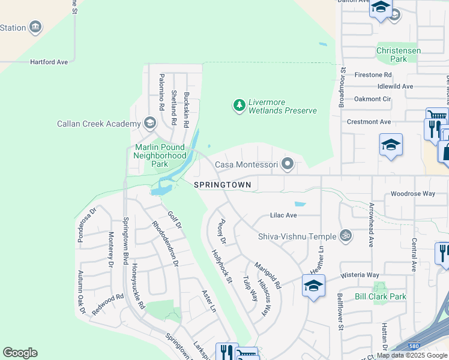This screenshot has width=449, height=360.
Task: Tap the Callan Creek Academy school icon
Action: (149, 124)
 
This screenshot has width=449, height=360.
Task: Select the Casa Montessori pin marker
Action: (288, 164)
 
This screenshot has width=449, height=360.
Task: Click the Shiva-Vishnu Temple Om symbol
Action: (345, 236)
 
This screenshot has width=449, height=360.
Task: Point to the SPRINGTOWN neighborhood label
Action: (223, 185)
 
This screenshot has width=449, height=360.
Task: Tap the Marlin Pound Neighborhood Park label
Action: (160, 155)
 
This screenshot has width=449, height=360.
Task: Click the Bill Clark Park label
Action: (381, 296)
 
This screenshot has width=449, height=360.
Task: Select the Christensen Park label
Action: (399, 55)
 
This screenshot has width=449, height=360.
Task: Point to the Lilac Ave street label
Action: (283, 215)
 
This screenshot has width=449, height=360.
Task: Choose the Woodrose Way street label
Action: (412, 194)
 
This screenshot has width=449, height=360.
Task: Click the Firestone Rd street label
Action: (373, 75)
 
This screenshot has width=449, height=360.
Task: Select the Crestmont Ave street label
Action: (369, 122)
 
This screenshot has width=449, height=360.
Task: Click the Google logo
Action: (20, 353)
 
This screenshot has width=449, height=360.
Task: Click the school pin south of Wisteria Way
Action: (313, 287)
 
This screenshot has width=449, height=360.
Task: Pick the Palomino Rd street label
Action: (161, 98)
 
